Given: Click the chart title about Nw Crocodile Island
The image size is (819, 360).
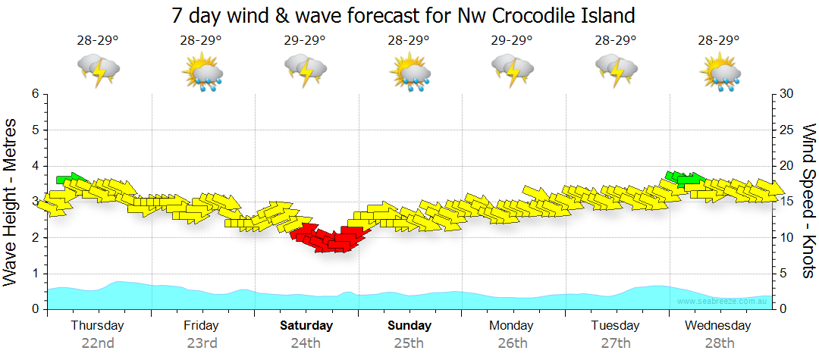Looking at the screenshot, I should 403,14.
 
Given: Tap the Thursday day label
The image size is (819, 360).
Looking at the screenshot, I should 97,326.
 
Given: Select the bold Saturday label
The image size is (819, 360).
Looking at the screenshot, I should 306,326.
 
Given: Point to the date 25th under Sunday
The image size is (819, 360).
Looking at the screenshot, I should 409,343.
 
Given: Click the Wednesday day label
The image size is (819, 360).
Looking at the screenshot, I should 717,326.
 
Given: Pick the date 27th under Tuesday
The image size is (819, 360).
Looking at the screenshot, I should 616,343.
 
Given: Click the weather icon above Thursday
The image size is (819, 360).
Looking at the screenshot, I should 99,70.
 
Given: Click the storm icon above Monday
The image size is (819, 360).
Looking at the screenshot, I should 513,70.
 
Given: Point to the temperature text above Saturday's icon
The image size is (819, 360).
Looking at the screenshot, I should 305,40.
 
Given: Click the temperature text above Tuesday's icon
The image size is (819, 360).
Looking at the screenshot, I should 615,40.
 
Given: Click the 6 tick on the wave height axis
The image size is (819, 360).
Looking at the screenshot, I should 35,94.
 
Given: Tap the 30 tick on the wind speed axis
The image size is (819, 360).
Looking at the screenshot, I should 787,94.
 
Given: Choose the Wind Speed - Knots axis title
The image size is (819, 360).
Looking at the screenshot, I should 808,201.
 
